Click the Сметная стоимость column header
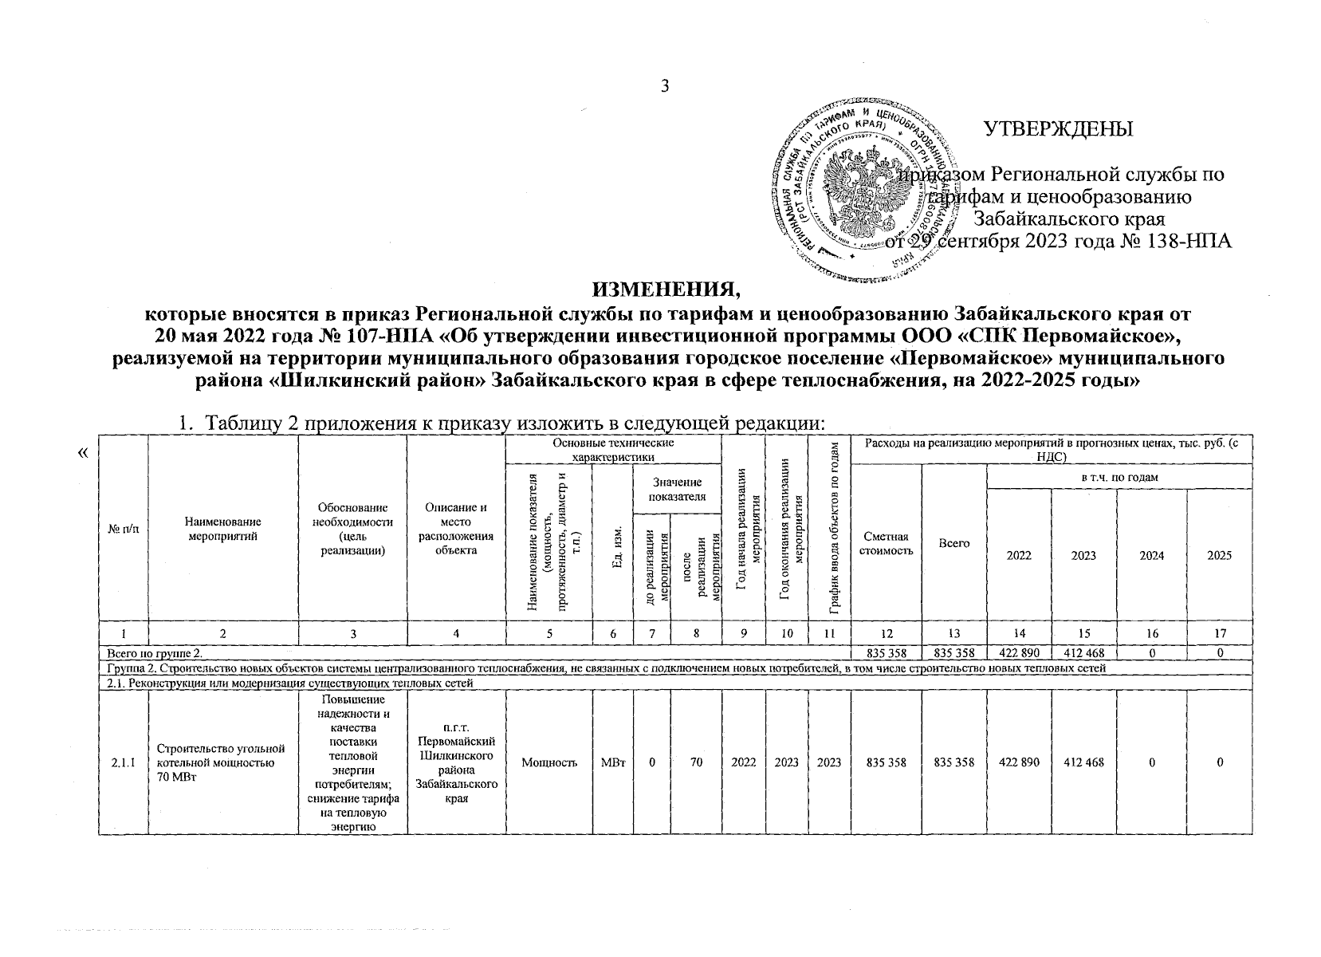point(886,544)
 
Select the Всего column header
point(954,542)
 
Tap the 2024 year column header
point(1151,556)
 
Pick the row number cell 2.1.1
point(123,762)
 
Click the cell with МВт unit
point(613,762)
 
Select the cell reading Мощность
point(549,762)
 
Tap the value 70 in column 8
point(696,762)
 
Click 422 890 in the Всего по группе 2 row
point(1019,652)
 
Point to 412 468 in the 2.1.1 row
point(1083,762)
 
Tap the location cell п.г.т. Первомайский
point(456,763)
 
